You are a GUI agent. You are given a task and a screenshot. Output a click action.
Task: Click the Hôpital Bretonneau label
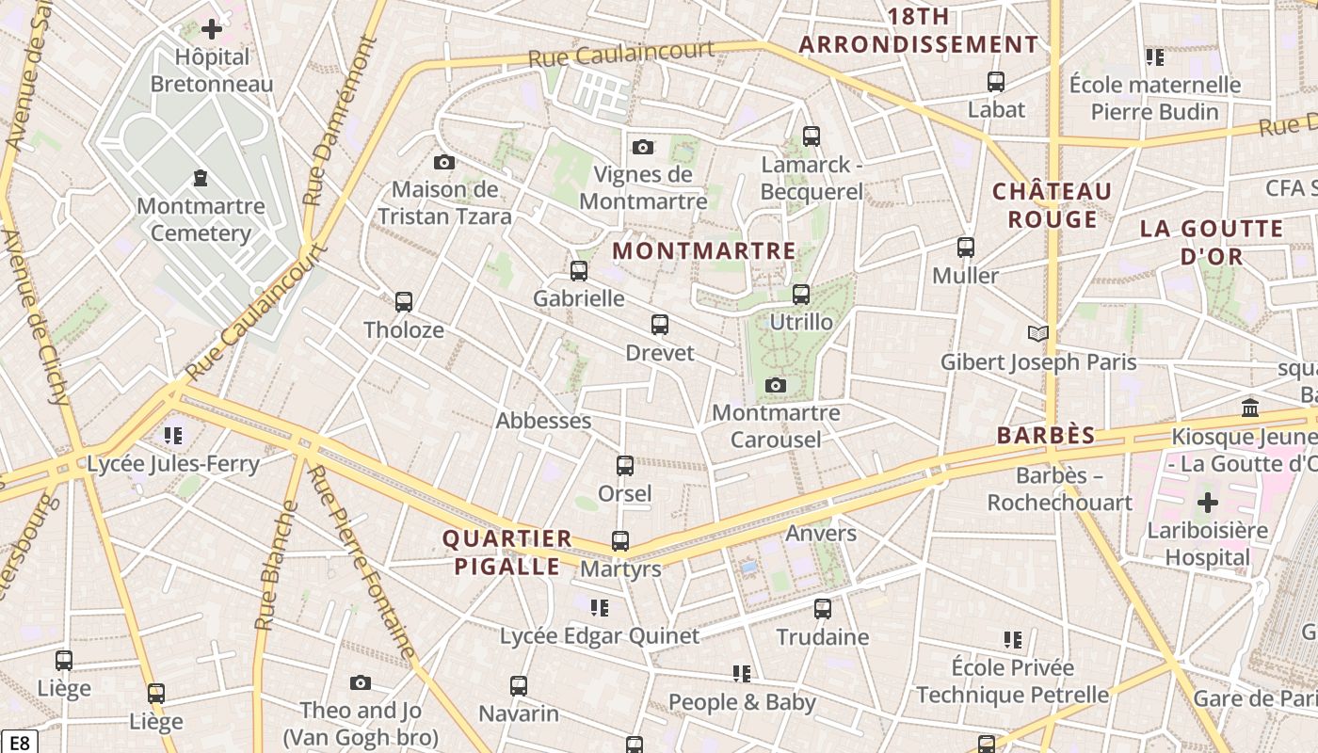pos(212,71)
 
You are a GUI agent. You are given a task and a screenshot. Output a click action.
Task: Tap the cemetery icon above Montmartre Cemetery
pos(200,177)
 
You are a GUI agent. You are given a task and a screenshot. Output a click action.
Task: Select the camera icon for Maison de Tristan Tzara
pos(444,162)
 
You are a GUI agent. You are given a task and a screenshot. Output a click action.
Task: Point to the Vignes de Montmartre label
pos(643,187)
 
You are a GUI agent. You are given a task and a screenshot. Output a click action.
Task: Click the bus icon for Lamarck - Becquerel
pos(811,136)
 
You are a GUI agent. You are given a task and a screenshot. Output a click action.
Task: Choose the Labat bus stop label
pos(996,109)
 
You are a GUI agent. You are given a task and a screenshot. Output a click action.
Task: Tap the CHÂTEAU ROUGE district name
pos(1053,205)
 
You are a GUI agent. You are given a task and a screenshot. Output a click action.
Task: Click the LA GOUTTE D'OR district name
pos(1212,242)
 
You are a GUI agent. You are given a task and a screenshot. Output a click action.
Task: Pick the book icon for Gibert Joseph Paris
pos(1037,333)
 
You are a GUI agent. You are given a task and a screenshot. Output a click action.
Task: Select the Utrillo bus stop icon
pos(800,295)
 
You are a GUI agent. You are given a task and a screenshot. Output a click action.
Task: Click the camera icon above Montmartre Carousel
pos(776,385)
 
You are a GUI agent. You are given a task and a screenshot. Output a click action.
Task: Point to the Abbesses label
pos(543,421)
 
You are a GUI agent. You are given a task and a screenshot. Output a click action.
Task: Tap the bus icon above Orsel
pos(624,465)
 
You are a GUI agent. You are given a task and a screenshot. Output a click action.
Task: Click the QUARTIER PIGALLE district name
pos(507,553)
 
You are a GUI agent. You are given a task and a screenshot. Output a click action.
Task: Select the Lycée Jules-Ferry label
pos(172,463)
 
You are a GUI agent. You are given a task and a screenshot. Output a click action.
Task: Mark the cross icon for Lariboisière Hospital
pos(1207,502)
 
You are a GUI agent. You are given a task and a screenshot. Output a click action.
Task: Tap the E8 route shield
pos(19,743)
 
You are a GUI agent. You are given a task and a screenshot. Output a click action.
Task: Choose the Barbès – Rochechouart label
pos(1059,489)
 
